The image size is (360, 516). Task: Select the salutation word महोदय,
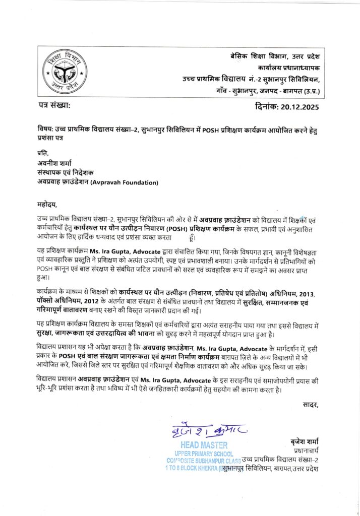tap(48, 205)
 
